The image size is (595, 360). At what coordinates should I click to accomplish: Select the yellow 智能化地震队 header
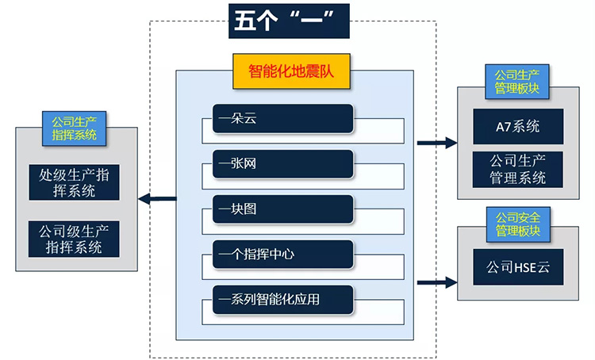coord(291,71)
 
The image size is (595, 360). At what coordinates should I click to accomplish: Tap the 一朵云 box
coord(282,119)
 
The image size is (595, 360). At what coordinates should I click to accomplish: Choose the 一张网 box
coord(282,164)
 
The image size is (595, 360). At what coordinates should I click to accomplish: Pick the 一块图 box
coord(282,209)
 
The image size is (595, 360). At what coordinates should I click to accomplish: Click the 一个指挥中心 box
coord(282,255)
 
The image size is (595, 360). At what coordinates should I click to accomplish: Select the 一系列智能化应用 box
coord(282,299)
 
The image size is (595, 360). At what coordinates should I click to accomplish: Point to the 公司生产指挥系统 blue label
coord(75,128)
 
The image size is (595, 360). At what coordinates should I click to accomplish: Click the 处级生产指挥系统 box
coord(75,182)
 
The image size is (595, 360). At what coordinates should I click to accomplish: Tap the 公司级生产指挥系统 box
coord(75,239)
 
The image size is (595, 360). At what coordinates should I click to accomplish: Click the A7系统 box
coord(517,126)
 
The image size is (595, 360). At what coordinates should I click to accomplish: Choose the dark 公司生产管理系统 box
coord(517,169)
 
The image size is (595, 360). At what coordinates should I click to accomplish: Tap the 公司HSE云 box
coord(517,268)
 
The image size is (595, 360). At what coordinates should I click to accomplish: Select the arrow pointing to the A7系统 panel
coord(437,143)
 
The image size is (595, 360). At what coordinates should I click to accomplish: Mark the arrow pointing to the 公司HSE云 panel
coord(437,281)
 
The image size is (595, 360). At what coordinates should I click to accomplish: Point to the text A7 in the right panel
coord(503,126)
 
